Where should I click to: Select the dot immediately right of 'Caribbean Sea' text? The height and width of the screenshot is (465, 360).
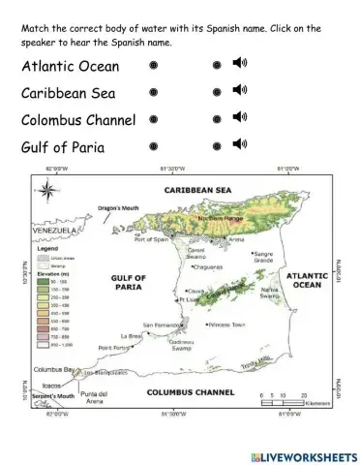[x=153, y=93]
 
